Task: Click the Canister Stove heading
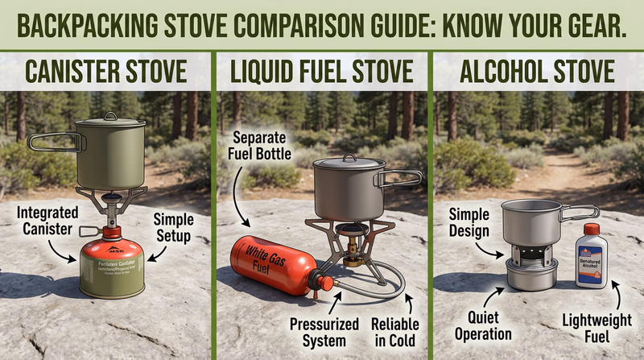click(107, 71)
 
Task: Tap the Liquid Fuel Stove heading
click(323, 71)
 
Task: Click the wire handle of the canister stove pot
click(55, 143)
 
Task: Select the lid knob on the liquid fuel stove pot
click(348, 158)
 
